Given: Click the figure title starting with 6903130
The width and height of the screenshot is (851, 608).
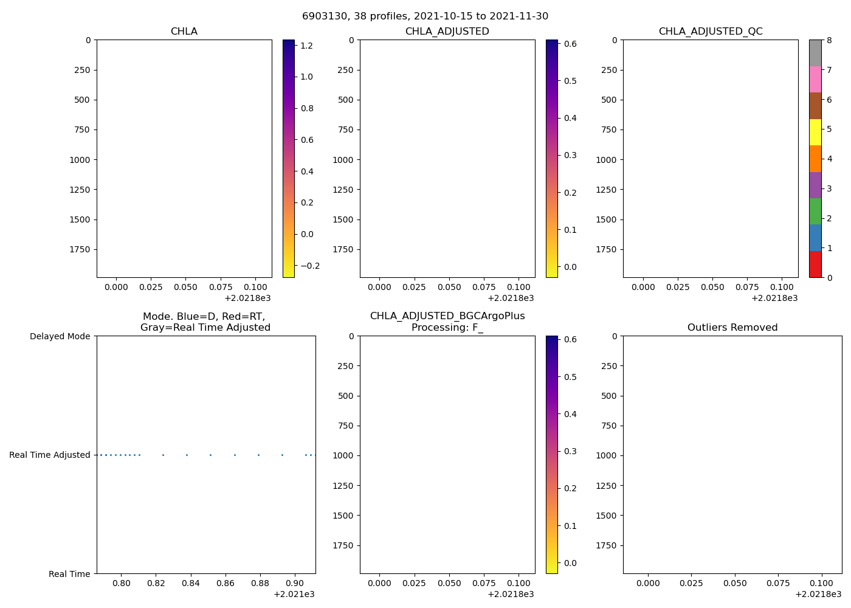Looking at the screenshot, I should [425, 16].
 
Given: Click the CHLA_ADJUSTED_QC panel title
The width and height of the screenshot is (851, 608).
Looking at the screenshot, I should [710, 32].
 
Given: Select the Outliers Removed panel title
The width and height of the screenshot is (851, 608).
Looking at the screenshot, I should [732, 328].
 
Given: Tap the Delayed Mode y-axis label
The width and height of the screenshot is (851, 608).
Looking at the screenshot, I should [60, 336].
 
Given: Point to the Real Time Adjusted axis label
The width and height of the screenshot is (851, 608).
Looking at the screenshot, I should [49, 455].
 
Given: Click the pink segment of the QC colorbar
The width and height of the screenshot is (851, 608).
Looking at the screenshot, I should [815, 79].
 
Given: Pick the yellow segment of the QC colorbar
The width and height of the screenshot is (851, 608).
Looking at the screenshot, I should [815, 132].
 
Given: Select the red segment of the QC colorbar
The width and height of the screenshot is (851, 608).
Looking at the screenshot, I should [815, 264].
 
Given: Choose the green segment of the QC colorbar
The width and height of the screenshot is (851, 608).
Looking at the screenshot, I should [815, 211].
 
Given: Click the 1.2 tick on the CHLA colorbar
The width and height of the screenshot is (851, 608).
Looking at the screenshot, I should [306, 45].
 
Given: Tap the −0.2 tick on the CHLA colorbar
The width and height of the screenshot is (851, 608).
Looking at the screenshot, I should [309, 266].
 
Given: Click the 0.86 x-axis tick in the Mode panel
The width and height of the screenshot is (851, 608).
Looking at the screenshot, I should [226, 583].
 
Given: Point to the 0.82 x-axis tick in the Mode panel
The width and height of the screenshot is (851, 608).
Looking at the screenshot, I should [156, 583].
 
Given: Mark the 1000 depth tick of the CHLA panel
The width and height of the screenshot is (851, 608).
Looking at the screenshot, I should [78, 160].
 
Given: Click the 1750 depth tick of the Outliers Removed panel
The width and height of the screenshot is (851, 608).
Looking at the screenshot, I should [605, 545].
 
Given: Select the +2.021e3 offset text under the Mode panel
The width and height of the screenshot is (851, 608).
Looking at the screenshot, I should [294, 594].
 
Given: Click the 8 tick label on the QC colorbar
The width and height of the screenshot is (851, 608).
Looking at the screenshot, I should [829, 40].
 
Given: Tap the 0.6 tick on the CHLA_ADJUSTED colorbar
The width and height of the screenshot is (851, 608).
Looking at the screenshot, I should [570, 44].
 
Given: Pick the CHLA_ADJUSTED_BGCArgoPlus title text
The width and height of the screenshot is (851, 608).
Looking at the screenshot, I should [447, 316].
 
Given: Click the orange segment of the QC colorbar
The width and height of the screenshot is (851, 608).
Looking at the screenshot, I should [815, 159].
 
